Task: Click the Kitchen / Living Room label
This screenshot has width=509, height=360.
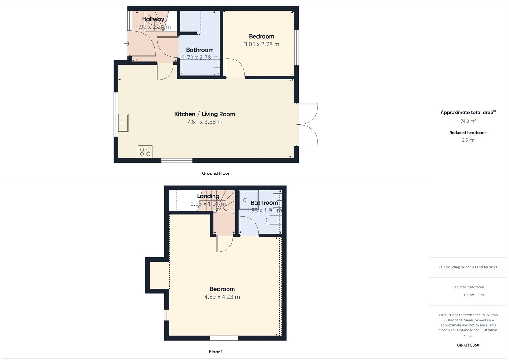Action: [205, 114]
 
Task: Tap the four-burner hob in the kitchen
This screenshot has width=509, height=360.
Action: [145, 152]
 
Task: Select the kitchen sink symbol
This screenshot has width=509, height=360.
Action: [123, 123]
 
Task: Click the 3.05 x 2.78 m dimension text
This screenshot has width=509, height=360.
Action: [261, 44]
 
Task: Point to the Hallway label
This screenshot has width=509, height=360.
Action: [153, 19]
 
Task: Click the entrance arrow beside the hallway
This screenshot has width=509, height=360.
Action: [127, 43]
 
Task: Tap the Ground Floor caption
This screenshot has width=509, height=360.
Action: [215, 173]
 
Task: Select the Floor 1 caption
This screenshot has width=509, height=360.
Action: [216, 352]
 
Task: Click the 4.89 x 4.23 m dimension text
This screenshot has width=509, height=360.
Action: [222, 297]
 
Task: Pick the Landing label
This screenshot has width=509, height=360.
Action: [208, 196]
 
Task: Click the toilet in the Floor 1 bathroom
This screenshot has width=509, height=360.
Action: [273, 220]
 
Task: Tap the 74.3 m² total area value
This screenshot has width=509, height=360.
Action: [468, 121]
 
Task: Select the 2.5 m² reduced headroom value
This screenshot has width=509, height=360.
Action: [468, 140]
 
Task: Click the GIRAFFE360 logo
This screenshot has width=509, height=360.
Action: [468, 345]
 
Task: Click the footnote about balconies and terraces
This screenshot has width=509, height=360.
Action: [468, 267]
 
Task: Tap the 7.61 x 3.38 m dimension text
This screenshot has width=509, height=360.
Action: [205, 122]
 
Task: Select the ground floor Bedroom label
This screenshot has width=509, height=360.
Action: [261, 36]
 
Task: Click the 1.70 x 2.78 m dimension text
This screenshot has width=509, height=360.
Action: [200, 58]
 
